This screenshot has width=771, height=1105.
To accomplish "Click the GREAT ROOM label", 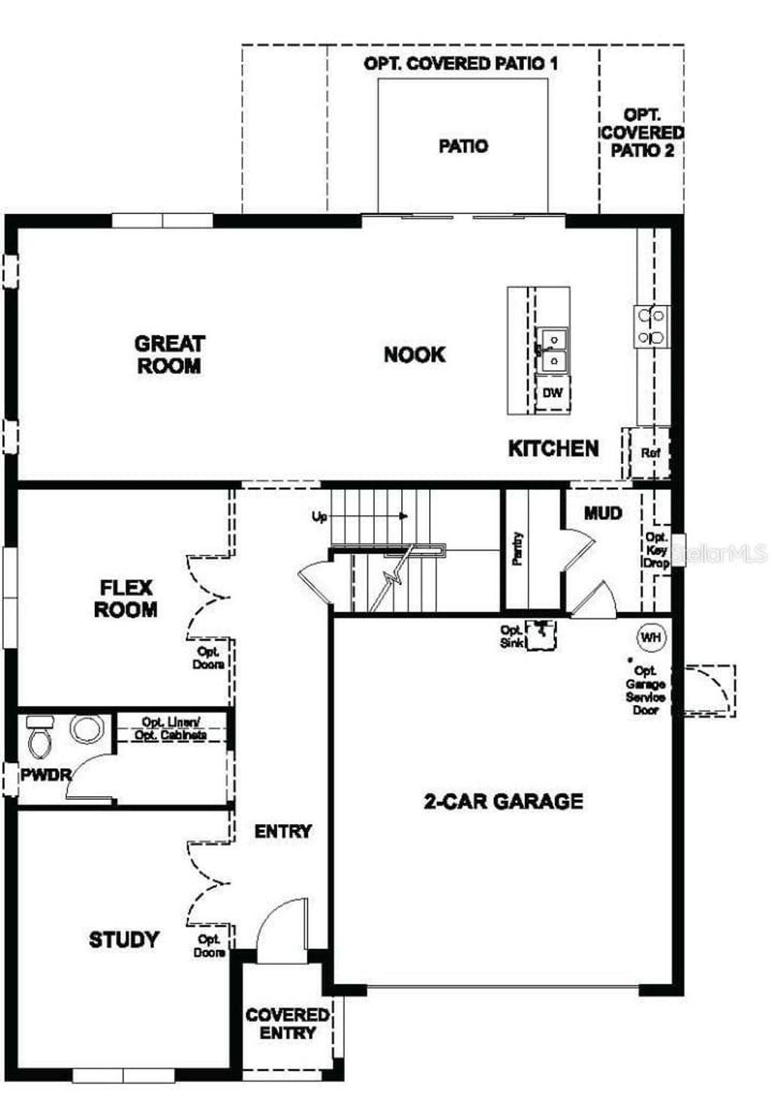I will (169, 355).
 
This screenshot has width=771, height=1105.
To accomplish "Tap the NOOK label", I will (414, 355).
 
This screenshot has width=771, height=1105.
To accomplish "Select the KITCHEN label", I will (553, 449).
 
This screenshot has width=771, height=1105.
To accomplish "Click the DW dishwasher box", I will (553, 393).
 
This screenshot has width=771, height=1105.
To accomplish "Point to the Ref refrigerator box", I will (650, 453).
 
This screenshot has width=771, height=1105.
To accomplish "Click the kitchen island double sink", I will (552, 350).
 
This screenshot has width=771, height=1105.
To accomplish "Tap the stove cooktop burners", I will (651, 326).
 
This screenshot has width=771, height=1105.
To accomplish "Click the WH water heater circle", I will (651, 637).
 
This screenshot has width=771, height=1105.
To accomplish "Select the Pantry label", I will (517, 549).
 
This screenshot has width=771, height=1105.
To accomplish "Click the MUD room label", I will (603, 514).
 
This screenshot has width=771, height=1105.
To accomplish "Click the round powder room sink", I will (86, 729).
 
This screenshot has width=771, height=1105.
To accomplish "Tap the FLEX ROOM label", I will (126, 599).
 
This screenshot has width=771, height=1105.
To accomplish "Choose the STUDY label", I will (124, 939).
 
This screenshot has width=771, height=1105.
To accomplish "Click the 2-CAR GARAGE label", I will (503, 801).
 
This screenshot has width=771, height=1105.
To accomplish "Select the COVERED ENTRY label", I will (287, 1024).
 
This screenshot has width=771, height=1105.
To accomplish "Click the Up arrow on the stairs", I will (403, 517).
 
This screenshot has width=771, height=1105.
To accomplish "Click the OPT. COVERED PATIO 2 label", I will (642, 133).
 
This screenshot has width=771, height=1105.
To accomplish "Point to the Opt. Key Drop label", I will (656, 551).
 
